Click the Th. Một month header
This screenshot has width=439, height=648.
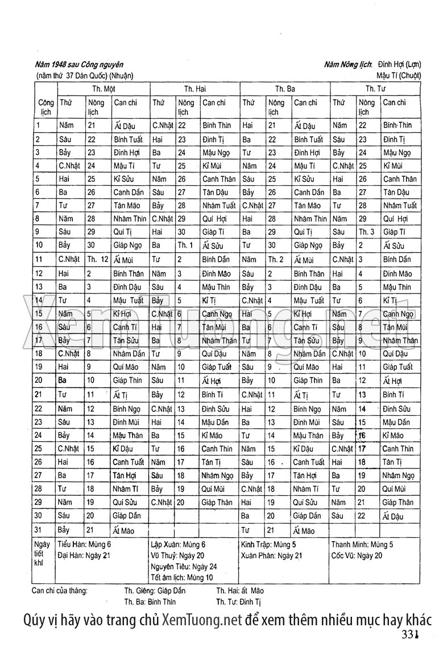click(x=104, y=89)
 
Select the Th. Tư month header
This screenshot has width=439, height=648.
click(x=375, y=89)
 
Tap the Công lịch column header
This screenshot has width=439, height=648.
click(x=45, y=107)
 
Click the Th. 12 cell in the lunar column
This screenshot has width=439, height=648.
click(x=97, y=260)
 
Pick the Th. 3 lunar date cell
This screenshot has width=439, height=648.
click(x=366, y=232)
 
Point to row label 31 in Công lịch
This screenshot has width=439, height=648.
click(x=40, y=530)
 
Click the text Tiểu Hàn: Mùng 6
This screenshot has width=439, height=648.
click(x=85, y=544)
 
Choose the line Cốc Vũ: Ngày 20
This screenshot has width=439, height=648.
click(x=357, y=555)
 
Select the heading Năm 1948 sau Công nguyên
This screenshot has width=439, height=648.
click(x=79, y=65)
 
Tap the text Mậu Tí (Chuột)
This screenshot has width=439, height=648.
click(x=398, y=75)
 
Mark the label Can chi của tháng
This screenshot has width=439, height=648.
click(x=60, y=591)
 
